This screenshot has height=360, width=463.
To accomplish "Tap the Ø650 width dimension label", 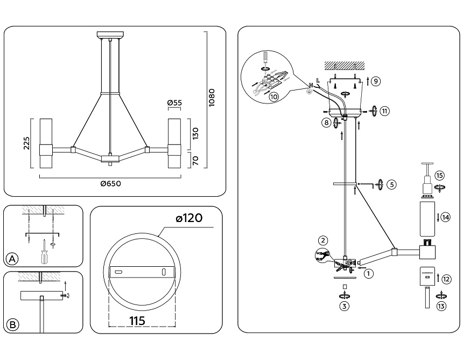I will tap(110, 183).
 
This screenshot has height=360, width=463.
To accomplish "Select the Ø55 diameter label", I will tap(174, 103).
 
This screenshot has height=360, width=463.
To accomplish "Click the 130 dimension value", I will tap(196, 133).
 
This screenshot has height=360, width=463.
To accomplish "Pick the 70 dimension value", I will tap(196, 160).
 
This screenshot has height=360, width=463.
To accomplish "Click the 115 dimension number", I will tap(137, 320).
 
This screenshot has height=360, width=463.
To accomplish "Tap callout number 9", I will tap(376, 81).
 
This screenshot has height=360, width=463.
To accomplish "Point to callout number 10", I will tap(273, 97).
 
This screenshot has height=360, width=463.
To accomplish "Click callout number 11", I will tap(384, 111).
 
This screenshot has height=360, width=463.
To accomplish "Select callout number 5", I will tap(391, 184).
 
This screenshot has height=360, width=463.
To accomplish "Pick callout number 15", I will tap(440, 176).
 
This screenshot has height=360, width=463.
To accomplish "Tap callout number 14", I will tap(446, 217).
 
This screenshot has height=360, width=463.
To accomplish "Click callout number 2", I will tap(322, 240).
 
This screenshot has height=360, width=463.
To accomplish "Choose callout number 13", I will tap(441, 307).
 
